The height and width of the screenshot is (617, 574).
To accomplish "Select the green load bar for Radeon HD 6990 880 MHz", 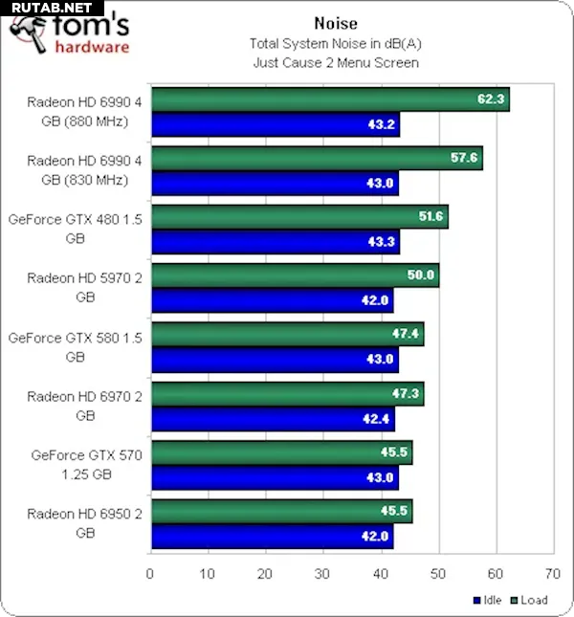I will pos(329,99).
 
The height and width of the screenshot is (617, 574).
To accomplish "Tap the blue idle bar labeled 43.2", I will pos(275,124).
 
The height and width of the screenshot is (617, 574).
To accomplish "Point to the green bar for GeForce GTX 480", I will pos(298,217).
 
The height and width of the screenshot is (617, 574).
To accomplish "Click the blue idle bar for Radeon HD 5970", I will pos(272,300).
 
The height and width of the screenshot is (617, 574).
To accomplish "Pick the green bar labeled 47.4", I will pos(287,335).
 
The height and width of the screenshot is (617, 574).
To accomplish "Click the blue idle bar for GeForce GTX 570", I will pos(275,476).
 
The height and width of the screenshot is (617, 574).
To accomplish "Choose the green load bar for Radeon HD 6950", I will pos(281,512).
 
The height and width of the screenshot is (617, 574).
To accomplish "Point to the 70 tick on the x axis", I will pos(552,574).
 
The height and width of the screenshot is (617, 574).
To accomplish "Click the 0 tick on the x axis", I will pos(150,574).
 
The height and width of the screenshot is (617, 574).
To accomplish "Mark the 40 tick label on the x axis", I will pos(380,574).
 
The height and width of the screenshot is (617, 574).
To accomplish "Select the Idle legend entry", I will pos(489,600).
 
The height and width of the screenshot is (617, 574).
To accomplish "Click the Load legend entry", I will pos(529,600).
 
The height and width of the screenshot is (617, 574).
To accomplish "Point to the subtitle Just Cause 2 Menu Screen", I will pos(335,62).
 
